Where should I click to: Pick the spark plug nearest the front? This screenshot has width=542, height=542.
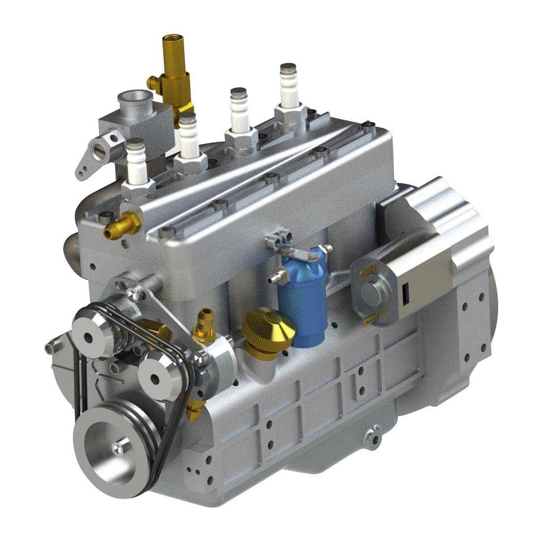point(136,163)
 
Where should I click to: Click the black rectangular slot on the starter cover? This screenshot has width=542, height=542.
point(406,294)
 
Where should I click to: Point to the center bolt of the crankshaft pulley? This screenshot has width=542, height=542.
point(117,447)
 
